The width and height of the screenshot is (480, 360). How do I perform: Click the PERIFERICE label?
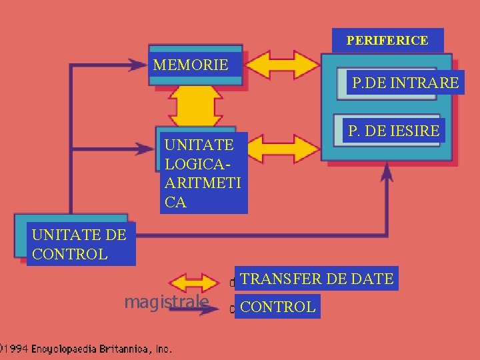(387, 41)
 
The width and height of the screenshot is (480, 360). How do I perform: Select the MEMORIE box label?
(191, 65)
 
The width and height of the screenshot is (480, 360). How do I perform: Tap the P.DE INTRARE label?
(405, 83)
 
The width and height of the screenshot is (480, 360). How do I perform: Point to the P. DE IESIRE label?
(393, 131)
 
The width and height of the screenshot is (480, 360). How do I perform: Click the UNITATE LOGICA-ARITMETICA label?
(203, 173)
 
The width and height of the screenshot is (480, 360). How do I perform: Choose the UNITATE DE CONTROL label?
(77, 244)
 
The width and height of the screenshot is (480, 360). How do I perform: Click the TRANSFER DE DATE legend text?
(317, 279)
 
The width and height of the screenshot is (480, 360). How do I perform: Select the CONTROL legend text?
(277, 307)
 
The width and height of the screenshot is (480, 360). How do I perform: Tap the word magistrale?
(167, 303)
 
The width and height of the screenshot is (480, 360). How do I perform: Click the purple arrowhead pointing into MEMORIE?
(140, 65)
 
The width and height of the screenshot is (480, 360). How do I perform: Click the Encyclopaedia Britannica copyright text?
(87, 348)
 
